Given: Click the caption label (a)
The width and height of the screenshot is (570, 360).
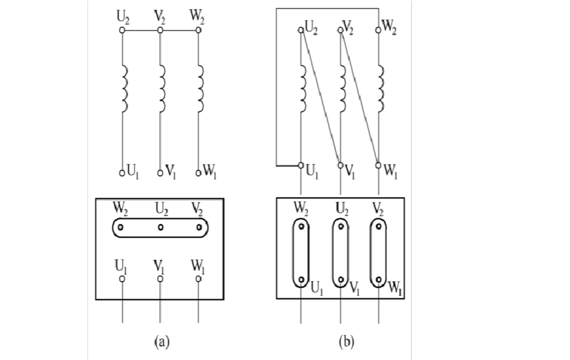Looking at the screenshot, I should (x=162, y=341).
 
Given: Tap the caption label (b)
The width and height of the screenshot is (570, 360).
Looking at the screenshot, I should (x=345, y=341).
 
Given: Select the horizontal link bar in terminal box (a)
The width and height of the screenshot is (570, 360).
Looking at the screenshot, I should (x=161, y=227).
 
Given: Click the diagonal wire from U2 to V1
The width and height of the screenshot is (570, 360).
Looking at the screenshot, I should (x=321, y=96).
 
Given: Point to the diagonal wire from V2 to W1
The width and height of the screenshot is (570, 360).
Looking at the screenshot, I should (x=360, y=96).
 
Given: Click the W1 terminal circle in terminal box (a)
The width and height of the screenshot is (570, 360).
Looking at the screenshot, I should (x=199, y=279).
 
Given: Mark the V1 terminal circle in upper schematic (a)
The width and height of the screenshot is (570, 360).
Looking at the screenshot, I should (x=160, y=172).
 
